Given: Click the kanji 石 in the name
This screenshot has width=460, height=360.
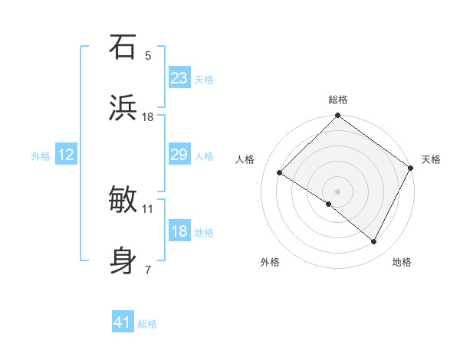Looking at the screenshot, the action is click(x=123, y=47).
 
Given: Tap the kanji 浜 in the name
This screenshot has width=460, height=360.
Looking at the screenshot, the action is click(x=123, y=108).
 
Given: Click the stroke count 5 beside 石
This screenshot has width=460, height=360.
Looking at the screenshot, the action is click(x=148, y=56).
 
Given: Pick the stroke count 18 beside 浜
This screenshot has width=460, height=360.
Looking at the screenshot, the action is click(x=148, y=117).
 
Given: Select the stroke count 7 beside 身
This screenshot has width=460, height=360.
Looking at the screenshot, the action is click(x=148, y=270).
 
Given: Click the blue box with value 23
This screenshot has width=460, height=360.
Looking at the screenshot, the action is click(x=179, y=78).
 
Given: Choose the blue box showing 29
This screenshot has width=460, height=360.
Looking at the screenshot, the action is click(x=179, y=155).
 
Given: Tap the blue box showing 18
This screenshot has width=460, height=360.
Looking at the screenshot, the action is click(x=179, y=231).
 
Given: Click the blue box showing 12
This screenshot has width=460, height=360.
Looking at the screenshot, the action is click(x=65, y=155).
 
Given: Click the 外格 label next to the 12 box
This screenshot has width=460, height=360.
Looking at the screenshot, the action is click(x=41, y=155).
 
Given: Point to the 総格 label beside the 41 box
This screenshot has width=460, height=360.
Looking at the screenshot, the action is click(x=147, y=324).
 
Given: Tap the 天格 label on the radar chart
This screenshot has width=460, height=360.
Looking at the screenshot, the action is click(x=431, y=159).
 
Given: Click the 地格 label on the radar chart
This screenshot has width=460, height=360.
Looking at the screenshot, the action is click(x=402, y=262).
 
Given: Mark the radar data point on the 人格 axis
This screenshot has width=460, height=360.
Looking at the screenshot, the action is click(x=280, y=172).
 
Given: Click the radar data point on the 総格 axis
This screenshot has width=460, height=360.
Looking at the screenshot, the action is click(x=337, y=116).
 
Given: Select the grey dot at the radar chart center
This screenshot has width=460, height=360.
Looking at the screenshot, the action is click(x=337, y=191).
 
